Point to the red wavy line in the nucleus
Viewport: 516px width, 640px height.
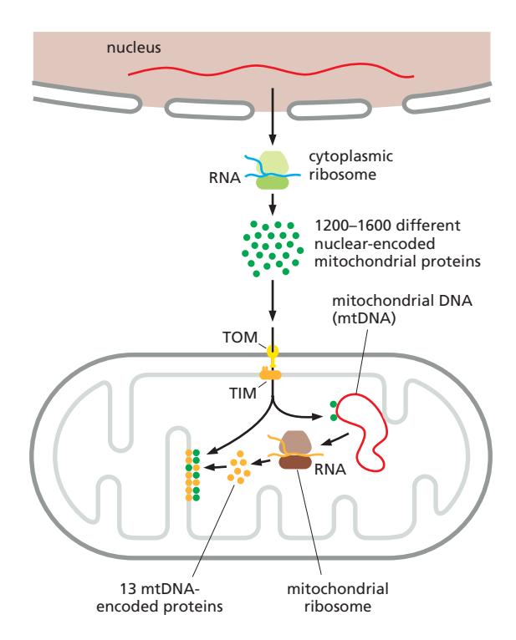pyautogui.click(x=270, y=74)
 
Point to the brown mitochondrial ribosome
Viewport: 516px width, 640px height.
pyautogui.click(x=296, y=450)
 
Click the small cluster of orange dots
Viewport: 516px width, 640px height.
pyautogui.click(x=239, y=468)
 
